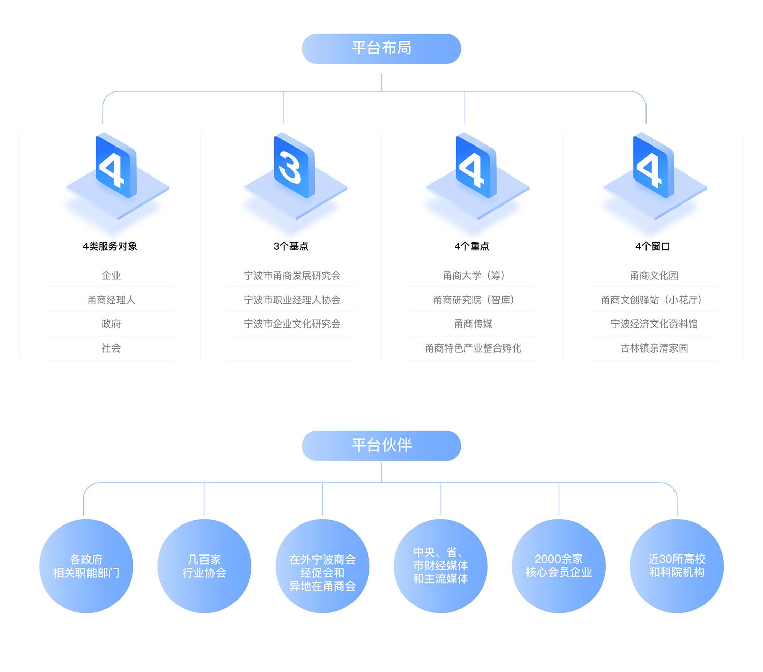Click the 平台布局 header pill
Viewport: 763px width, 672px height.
point(381,49)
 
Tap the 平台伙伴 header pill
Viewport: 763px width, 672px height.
point(381,446)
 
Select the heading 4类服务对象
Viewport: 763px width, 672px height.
point(110,246)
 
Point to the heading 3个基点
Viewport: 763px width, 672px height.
point(291,246)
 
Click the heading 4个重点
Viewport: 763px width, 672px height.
point(472,246)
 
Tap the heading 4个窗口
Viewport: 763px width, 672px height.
point(653,246)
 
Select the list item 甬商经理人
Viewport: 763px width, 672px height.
point(111,300)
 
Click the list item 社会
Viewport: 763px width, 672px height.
point(111,348)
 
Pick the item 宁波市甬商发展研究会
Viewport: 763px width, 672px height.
point(292,276)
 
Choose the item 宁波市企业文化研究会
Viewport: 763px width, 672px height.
point(292,324)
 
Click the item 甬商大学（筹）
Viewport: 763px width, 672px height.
point(474,276)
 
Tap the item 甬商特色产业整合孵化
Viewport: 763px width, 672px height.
point(474,348)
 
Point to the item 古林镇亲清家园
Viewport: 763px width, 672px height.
point(654,348)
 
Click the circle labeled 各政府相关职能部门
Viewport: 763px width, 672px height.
point(86,566)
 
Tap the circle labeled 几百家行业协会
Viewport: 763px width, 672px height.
point(204,566)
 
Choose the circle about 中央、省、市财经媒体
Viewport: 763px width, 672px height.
point(440,566)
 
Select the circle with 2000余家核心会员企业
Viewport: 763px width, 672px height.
point(559,566)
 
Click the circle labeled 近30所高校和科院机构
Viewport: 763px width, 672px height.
point(677,566)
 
